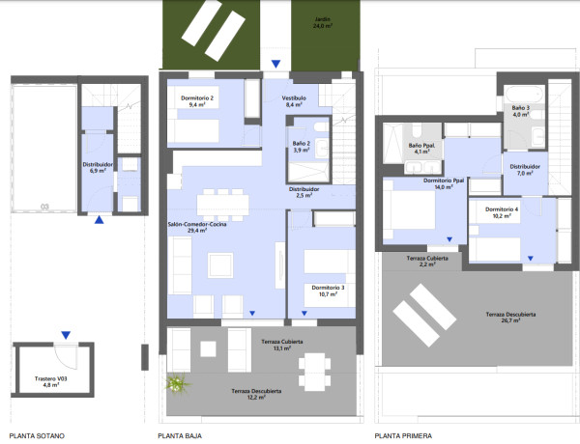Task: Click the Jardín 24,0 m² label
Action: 323,22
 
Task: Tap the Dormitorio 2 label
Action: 197,97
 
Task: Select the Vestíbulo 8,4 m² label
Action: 294,101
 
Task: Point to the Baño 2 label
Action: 301,143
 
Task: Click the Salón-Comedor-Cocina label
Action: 197,224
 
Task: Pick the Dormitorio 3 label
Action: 328,288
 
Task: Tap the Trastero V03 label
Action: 50,378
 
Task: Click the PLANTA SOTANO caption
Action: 37,436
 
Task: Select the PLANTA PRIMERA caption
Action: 403,436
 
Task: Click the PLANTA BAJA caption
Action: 180,436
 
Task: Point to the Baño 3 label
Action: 520,108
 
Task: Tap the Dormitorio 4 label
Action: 502,209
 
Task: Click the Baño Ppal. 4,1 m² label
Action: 421,149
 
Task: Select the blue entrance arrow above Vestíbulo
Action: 275,64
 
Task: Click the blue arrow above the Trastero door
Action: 66,335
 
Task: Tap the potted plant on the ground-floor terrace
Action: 178,382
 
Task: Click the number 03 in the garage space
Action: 44,207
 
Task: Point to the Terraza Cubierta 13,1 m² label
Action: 282,345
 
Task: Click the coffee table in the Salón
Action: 220,264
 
